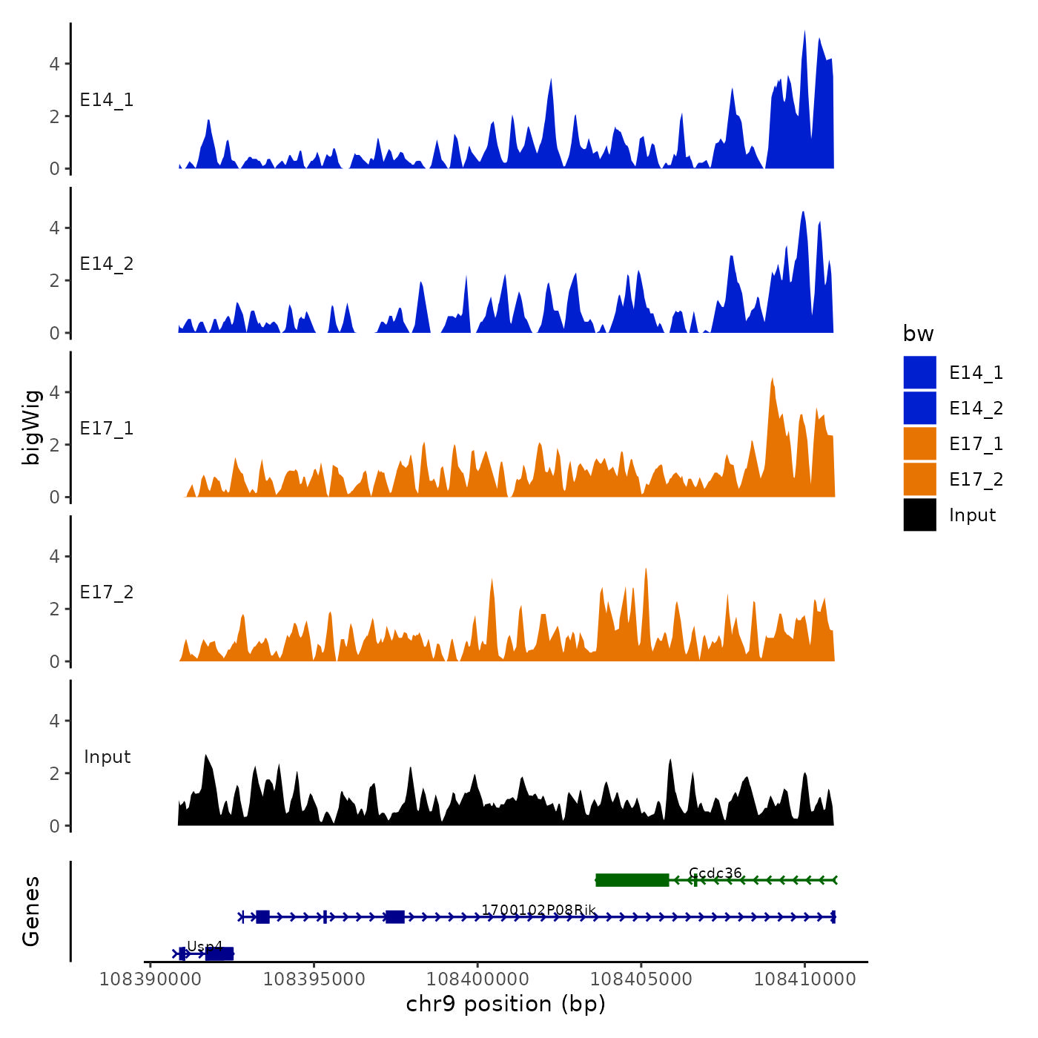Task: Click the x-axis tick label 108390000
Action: pyautogui.click(x=150, y=979)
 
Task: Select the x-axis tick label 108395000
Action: pyautogui.click(x=314, y=979)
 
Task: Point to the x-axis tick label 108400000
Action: pyautogui.click(x=477, y=979)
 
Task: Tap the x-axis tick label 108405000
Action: pyautogui.click(x=641, y=979)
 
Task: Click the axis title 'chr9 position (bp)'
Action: pyautogui.click(x=506, y=1004)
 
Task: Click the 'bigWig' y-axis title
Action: pyautogui.click(x=31, y=428)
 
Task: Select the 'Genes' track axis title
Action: pyautogui.click(x=31, y=911)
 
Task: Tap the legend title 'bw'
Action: pyautogui.click(x=918, y=334)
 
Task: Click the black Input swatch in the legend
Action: pyautogui.click(x=919, y=515)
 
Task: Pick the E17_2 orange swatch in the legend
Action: pyautogui.click(x=919, y=479)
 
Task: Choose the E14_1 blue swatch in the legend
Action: pyautogui.click(x=919, y=372)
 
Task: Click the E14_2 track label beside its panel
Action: pyautogui.click(x=107, y=264)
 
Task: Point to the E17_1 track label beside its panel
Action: pyautogui.click(x=107, y=429)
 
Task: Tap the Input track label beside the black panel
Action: pyautogui.click(x=107, y=757)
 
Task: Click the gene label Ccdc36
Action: pyautogui.click(x=715, y=873)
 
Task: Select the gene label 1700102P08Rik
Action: pyautogui.click(x=538, y=910)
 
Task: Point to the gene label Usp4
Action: pyautogui.click(x=204, y=947)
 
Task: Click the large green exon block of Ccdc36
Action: pyautogui.click(x=632, y=880)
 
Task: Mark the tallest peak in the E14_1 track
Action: pyautogui.click(x=804, y=33)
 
